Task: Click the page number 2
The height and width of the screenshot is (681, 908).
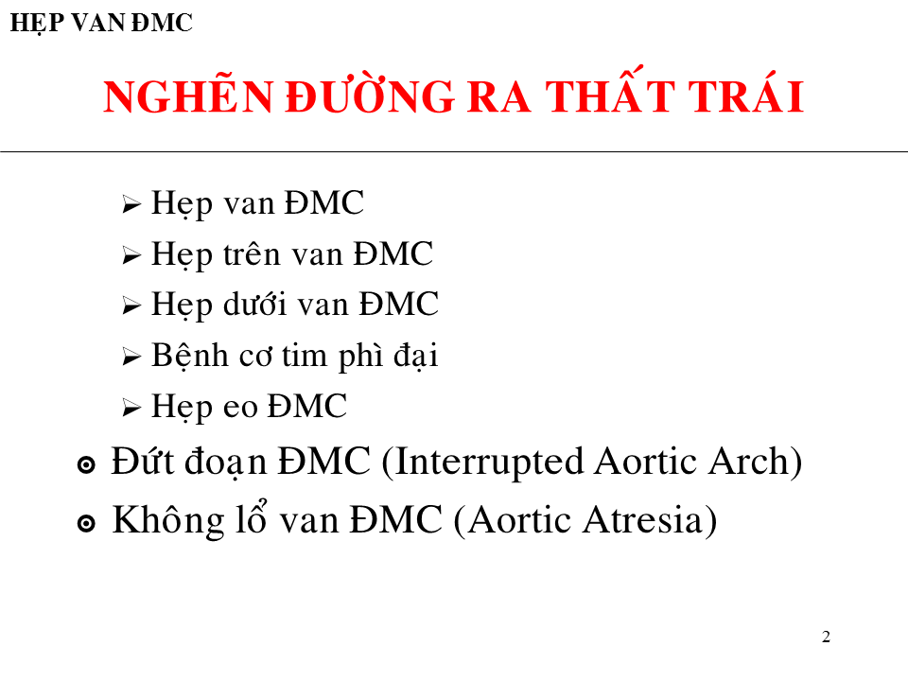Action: pos(826,637)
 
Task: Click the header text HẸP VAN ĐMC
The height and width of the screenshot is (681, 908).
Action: pos(101,23)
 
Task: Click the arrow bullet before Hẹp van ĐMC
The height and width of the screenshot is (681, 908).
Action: pos(132,204)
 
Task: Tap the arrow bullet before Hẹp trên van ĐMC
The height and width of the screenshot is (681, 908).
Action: pos(132,255)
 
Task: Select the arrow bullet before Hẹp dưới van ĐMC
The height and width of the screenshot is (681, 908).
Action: pos(132,306)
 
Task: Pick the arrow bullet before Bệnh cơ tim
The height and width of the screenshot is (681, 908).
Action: pos(132,357)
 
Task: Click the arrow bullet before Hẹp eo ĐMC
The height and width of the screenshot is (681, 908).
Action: pos(132,408)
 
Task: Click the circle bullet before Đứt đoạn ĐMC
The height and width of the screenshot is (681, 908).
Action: pos(86,465)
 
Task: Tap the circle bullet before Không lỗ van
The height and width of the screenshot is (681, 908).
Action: pos(86,523)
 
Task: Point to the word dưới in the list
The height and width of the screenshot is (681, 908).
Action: pos(255,304)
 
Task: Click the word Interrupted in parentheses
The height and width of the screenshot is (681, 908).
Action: pos(489,463)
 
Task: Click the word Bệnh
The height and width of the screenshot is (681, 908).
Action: pos(190,355)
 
